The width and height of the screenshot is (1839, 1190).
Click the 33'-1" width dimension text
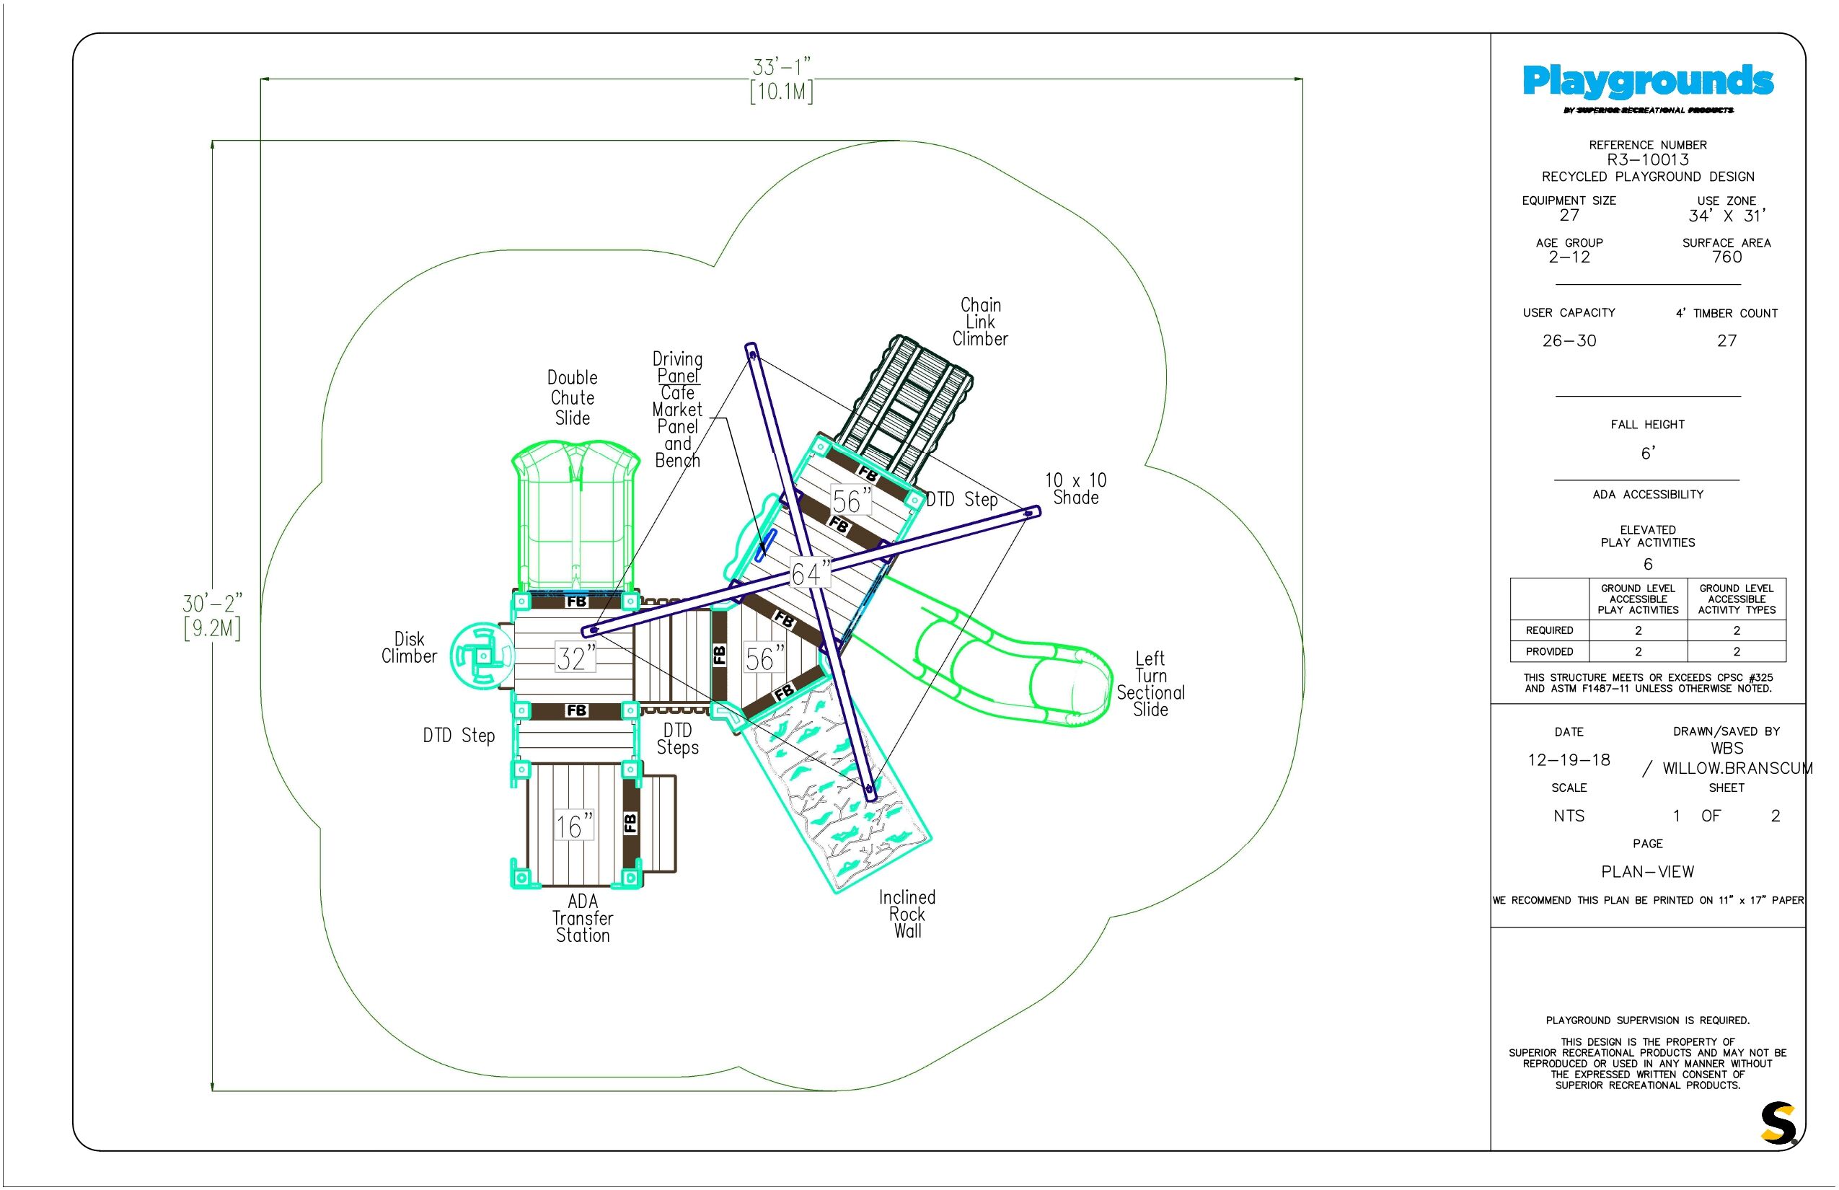[781, 79]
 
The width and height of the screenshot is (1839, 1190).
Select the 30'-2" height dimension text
[213, 616]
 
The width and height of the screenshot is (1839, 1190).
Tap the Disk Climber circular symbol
[482, 656]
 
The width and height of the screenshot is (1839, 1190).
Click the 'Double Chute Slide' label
[573, 398]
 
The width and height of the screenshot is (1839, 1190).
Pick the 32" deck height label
[575, 658]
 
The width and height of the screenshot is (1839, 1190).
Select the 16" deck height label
[574, 826]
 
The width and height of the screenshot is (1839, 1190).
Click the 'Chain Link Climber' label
[980, 322]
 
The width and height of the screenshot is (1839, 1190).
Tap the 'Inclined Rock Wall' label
[907, 914]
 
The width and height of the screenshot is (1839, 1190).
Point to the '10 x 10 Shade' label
[1075, 489]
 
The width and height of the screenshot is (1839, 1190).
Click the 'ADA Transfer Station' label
[583, 918]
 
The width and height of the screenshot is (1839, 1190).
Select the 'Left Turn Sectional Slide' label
[1150, 684]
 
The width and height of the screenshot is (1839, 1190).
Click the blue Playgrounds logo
[1647, 82]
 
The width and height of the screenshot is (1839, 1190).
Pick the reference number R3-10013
[1647, 160]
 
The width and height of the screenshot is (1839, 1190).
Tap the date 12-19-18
[1569, 760]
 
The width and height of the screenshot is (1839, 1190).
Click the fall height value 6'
[1647, 453]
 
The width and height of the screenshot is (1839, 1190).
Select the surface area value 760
[1726, 257]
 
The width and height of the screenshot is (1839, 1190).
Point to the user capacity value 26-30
[1569, 340]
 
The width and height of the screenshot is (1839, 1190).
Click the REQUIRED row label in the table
[1549, 630]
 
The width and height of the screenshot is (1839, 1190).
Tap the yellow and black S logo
[1778, 1123]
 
